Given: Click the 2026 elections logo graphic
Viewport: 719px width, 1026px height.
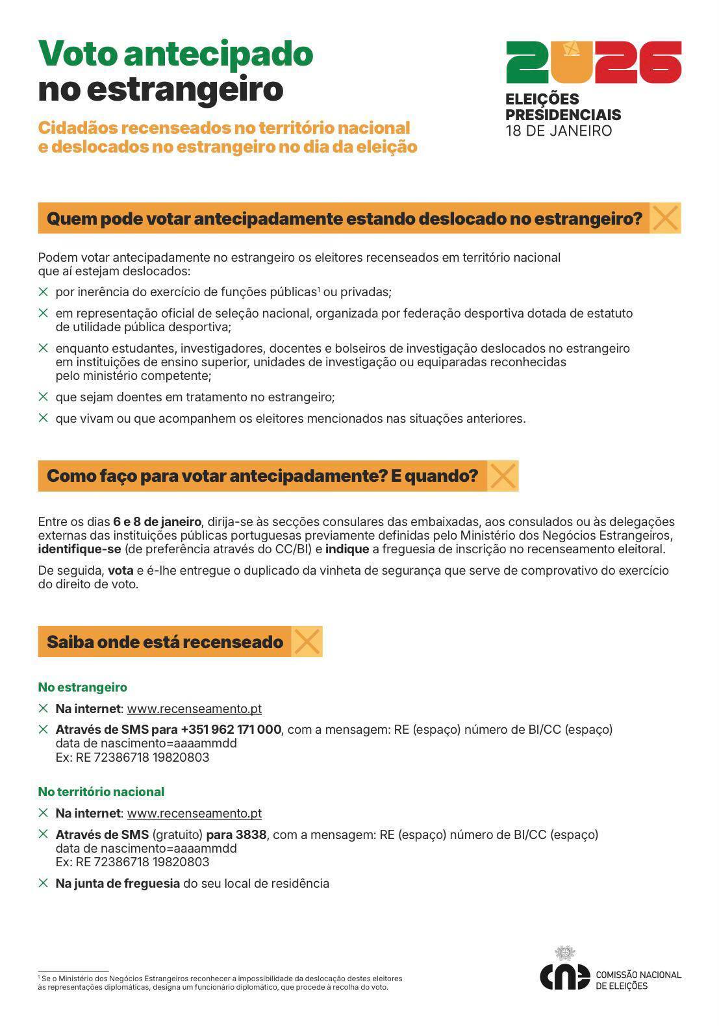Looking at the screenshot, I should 594,62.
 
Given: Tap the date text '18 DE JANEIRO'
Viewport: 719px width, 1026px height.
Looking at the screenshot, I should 559,131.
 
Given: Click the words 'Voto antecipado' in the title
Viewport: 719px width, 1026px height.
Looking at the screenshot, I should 175,53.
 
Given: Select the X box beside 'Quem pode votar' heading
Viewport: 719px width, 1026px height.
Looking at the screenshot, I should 665,218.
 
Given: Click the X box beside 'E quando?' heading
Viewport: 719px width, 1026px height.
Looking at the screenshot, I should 502,476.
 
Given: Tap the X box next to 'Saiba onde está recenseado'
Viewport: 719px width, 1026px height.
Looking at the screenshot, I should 307,642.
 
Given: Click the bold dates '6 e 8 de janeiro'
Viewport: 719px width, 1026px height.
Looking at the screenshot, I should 157,521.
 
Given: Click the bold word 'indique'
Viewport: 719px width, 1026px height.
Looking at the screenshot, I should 347,549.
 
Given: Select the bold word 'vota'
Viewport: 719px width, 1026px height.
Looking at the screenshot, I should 120,571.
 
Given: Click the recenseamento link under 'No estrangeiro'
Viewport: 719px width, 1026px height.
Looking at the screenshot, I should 194,708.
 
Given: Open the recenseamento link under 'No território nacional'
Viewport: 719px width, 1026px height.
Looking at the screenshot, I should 194,813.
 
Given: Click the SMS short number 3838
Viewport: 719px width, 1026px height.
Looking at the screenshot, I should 251,834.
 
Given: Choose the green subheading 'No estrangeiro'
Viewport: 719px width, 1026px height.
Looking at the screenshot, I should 82,687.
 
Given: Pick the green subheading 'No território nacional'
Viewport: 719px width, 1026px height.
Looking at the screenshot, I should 101,792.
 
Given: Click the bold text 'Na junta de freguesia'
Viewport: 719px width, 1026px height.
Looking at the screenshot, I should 118,883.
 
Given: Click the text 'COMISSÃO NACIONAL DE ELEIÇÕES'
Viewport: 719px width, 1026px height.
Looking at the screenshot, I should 638,980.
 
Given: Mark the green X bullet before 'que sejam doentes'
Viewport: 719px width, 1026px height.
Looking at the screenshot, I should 44,396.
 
